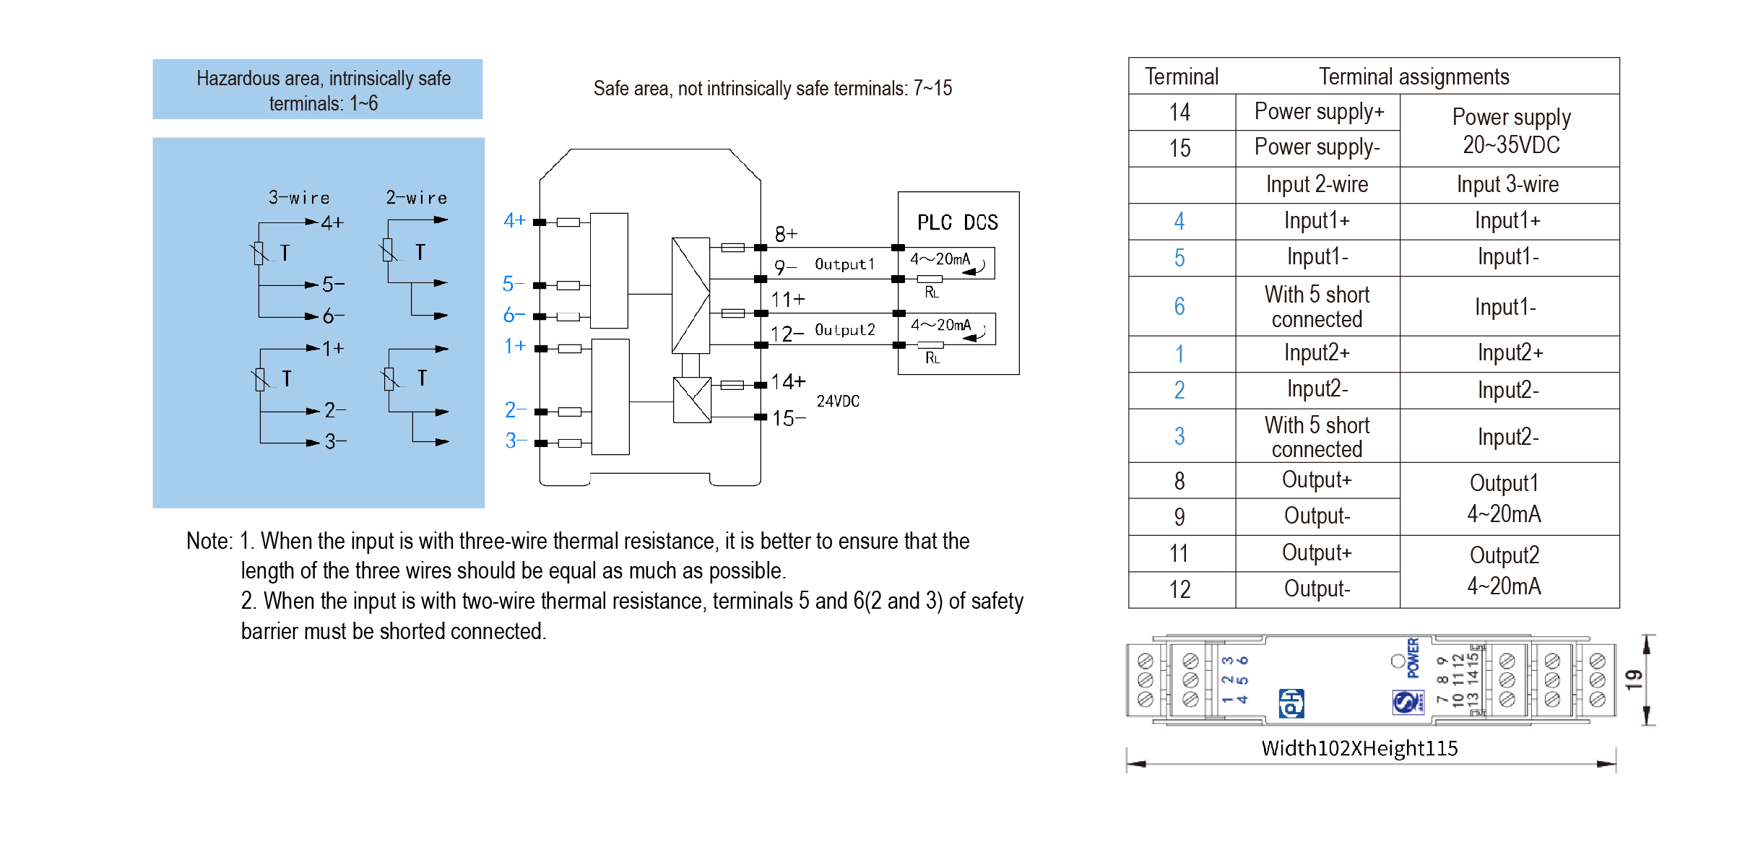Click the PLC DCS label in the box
point(957,222)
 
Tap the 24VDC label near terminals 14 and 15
point(838,402)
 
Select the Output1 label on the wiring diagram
point(844,264)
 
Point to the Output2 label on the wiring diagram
point(844,330)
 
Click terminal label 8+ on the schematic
point(786,234)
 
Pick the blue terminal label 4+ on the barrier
point(514,220)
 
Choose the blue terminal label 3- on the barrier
point(514,440)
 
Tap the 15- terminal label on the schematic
point(788,418)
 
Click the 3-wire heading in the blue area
point(299,198)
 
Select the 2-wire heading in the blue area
point(417,198)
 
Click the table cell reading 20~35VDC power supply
point(1510,131)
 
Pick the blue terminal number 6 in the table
point(1179,306)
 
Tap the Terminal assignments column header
point(1413,77)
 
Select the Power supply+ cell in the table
point(1319,112)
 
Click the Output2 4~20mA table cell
point(1504,570)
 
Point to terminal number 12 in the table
point(1179,590)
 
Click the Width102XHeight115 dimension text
point(1359,748)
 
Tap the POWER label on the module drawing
point(1413,658)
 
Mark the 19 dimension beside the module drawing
point(1633,680)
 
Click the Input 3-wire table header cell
point(1507,185)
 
